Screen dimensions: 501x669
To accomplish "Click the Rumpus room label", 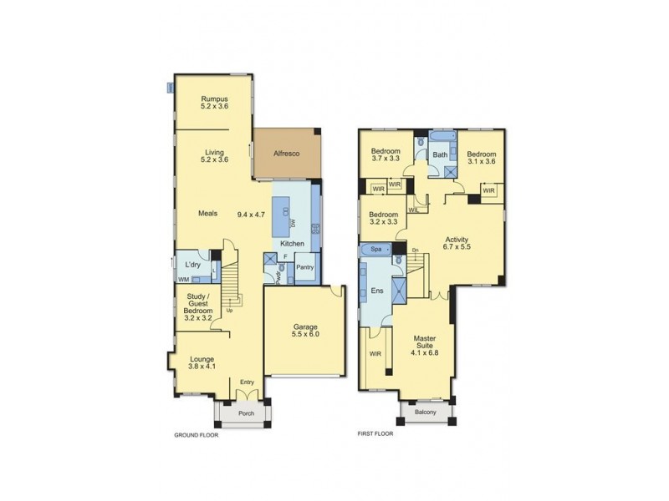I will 215,102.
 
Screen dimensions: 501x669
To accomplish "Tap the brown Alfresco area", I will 288,154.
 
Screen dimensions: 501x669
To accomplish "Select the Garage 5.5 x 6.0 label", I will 305,330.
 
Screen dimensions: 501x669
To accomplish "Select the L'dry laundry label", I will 192,265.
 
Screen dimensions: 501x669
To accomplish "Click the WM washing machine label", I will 183,279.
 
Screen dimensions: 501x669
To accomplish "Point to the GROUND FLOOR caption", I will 196,435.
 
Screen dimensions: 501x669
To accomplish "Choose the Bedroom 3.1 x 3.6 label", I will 482,158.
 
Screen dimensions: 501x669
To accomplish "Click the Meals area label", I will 207,214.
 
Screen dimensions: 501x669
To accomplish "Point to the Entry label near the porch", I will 247,382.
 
